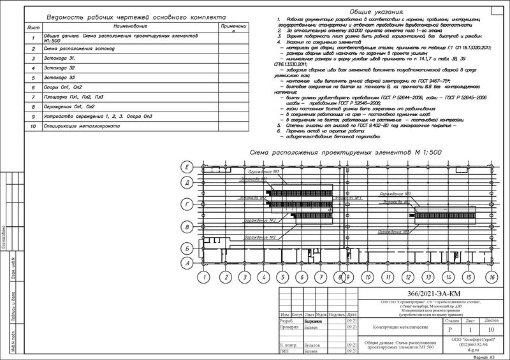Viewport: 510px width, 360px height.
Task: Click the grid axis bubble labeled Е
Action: coord(187,167)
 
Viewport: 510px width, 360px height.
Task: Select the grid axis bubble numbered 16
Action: coord(492,277)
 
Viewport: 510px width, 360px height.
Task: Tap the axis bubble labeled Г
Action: coord(187,205)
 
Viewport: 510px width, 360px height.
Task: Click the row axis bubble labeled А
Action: coord(187,263)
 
